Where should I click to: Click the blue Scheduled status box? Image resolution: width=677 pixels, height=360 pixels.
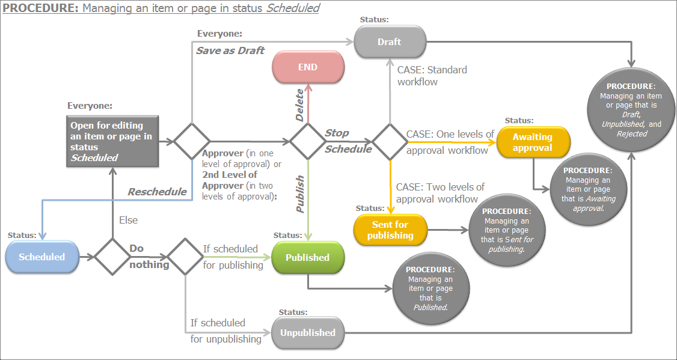(42, 257)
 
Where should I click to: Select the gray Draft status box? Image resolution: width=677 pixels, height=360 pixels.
(390, 42)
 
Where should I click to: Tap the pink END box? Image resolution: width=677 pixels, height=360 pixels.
(308, 67)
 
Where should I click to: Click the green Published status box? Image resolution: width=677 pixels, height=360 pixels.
(308, 257)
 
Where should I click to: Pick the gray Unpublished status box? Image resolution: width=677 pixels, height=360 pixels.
(308, 332)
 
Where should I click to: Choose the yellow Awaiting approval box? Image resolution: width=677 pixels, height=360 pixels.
(532, 142)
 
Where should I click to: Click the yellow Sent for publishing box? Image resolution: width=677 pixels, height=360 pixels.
(390, 230)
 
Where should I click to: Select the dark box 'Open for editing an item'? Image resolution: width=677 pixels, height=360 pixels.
(112, 141)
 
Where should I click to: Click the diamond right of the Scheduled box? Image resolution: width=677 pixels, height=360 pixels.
(112, 257)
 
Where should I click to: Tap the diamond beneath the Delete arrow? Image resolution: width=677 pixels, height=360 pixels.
(308, 142)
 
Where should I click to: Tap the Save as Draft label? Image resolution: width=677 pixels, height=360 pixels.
(230, 50)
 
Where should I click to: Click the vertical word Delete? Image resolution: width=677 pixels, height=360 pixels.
(299, 105)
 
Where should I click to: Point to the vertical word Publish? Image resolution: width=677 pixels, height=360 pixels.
(299, 195)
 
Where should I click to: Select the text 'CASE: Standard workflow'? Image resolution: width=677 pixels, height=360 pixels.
(432, 75)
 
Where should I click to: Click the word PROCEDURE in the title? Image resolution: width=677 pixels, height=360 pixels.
(40, 8)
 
